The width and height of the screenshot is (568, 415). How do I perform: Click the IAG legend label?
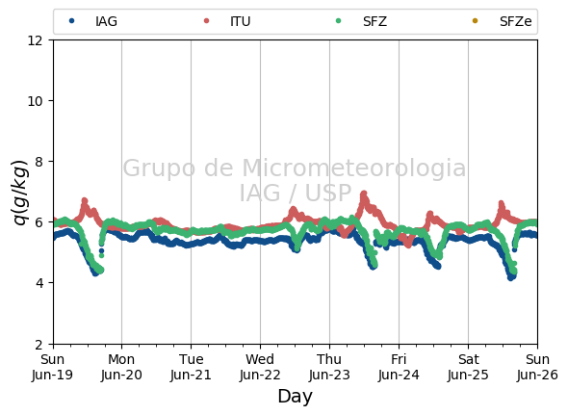pos(106,21)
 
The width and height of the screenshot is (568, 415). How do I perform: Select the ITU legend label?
pos(240,21)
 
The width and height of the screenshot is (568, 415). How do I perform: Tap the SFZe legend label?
pos(515,21)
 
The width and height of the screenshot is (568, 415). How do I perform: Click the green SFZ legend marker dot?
pos(338,21)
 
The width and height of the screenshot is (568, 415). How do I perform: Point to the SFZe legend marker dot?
pos(475,21)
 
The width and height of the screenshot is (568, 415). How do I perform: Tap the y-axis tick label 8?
pos(39,162)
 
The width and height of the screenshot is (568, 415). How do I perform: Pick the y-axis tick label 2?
pos(39,345)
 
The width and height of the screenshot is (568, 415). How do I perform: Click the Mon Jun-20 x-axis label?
pos(121,367)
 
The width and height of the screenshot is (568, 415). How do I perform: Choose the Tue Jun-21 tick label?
pos(191,367)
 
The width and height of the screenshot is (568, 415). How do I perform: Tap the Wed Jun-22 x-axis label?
pos(260,367)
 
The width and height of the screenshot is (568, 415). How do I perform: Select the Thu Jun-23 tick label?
pos(329,367)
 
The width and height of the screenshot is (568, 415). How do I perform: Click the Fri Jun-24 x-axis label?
pos(399,367)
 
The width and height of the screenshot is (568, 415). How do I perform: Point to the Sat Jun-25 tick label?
pos(468,367)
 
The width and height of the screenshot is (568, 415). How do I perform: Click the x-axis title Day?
pos(295,396)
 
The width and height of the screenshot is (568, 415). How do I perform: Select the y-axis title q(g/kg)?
pos(20,193)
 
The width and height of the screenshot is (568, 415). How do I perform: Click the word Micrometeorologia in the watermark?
pos(354,168)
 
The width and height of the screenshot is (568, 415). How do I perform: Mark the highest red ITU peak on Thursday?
pos(364,194)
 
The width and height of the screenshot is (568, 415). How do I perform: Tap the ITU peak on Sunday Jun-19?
pos(85,200)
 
